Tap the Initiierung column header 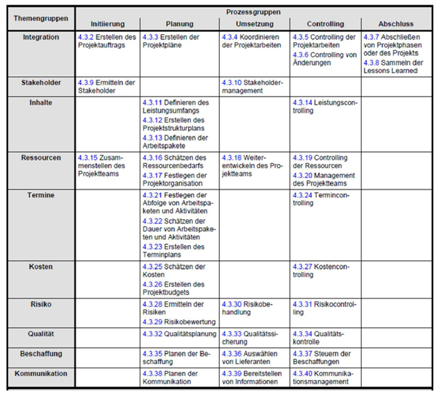click(108, 24)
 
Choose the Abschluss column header click(396, 24)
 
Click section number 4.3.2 click(85, 37)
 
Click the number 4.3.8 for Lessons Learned click(371, 63)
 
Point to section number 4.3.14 click(302, 103)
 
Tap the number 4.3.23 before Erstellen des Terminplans click(152, 247)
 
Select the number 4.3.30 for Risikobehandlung click(232, 304)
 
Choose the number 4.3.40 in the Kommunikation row click(302, 373)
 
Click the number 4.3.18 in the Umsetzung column click(232, 158)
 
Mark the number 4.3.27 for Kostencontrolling click(302, 267)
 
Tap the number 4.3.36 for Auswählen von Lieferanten click(232, 354)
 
